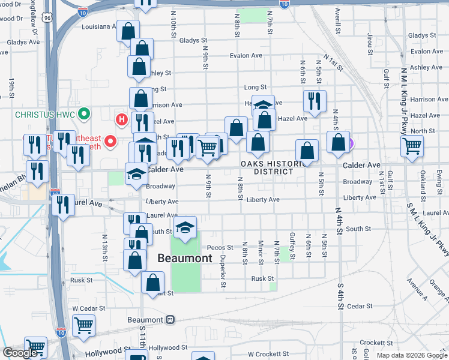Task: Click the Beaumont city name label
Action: pyautogui.click(x=185, y=259)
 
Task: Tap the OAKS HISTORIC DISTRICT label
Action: pyautogui.click(x=268, y=167)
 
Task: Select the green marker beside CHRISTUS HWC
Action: pyautogui.click(x=85, y=113)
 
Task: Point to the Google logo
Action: pyautogui.click(x=20, y=353)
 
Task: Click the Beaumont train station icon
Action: pyautogui.click(x=171, y=320)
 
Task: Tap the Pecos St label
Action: pyautogui.click(x=220, y=247)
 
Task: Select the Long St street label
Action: pyautogui.click(x=255, y=88)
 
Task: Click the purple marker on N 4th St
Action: pyautogui.click(x=351, y=143)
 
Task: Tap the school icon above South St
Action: pyautogui.click(x=185, y=227)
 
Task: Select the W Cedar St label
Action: pyautogui.click(x=88, y=308)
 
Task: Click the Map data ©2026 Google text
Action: pyautogui.click(x=411, y=355)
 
